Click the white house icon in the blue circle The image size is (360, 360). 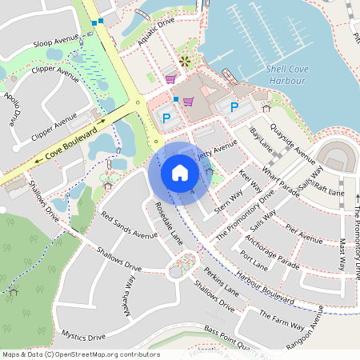click(x=180, y=172)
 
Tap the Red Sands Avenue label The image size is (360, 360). click(x=130, y=225)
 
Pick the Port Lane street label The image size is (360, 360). click(x=254, y=261)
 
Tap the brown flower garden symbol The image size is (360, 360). click(x=186, y=62)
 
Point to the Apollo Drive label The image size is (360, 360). click(x=12, y=110)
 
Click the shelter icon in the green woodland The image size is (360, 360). click(x=12, y=290)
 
